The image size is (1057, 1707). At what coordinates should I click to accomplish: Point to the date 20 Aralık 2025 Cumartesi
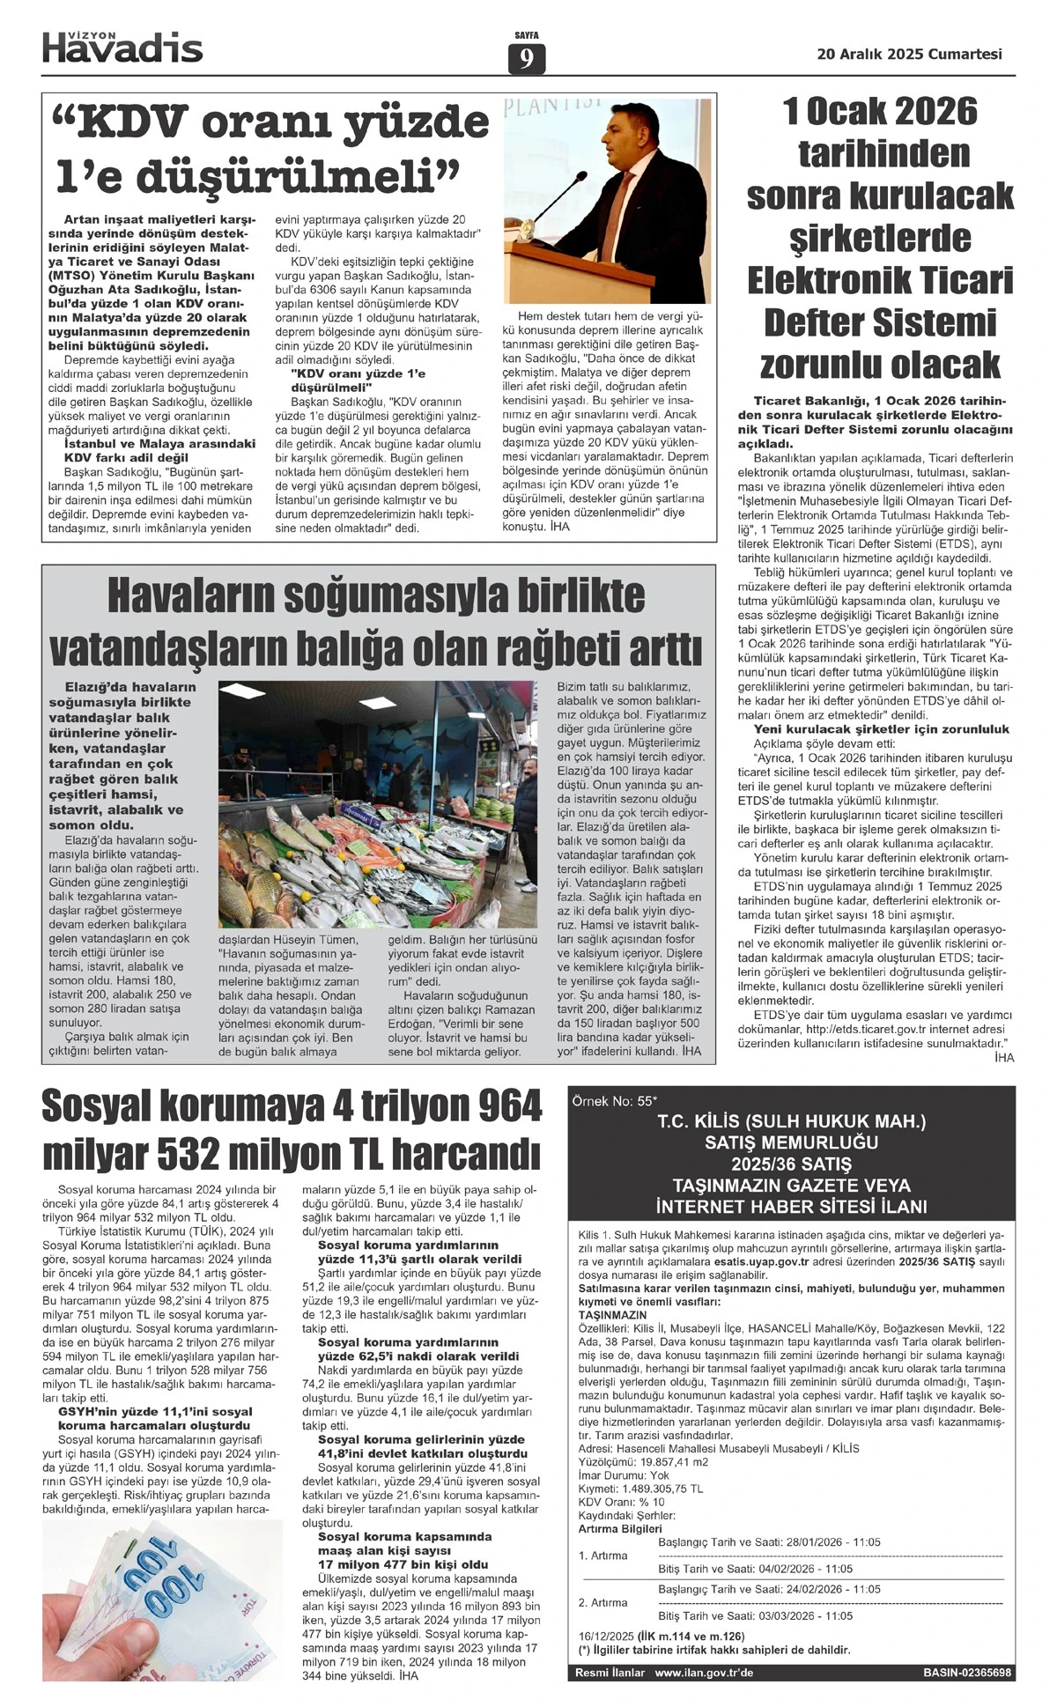click(909, 54)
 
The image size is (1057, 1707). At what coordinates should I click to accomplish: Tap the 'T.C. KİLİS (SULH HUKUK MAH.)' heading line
click(792, 1122)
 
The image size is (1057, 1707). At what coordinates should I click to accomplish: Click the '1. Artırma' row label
click(603, 1556)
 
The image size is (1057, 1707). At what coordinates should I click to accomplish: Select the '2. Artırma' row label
click(603, 1602)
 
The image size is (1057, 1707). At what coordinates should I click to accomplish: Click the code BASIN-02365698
click(967, 1673)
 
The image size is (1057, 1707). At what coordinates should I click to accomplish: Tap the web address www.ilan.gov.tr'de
click(704, 1673)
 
